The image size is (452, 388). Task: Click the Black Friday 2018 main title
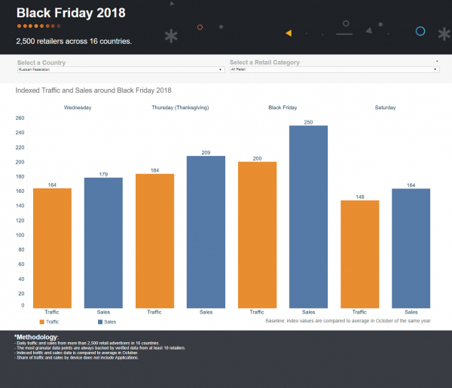(71, 13)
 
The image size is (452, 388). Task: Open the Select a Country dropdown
(121, 69)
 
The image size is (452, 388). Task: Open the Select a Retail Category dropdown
(334, 69)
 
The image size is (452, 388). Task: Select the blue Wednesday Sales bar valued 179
(103, 242)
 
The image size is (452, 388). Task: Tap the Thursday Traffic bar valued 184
(154, 240)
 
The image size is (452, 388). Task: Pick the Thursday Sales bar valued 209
(206, 231)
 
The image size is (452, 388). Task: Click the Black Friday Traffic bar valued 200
(257, 234)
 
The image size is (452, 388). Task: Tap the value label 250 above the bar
(308, 122)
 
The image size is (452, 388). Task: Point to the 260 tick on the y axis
(20, 118)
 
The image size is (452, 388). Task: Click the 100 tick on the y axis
(20, 234)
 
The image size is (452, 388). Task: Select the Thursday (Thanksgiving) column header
(180, 108)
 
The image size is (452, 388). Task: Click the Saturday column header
(385, 108)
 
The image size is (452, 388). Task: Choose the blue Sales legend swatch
(99, 322)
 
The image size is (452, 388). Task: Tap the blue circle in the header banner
(420, 31)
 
